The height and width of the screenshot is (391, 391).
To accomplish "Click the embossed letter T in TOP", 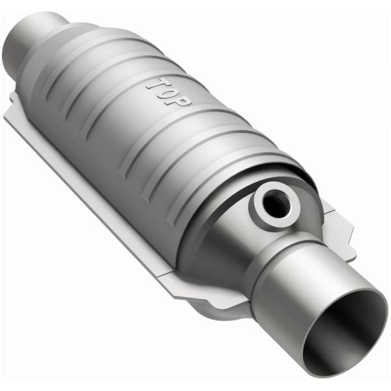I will coord(155,84).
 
